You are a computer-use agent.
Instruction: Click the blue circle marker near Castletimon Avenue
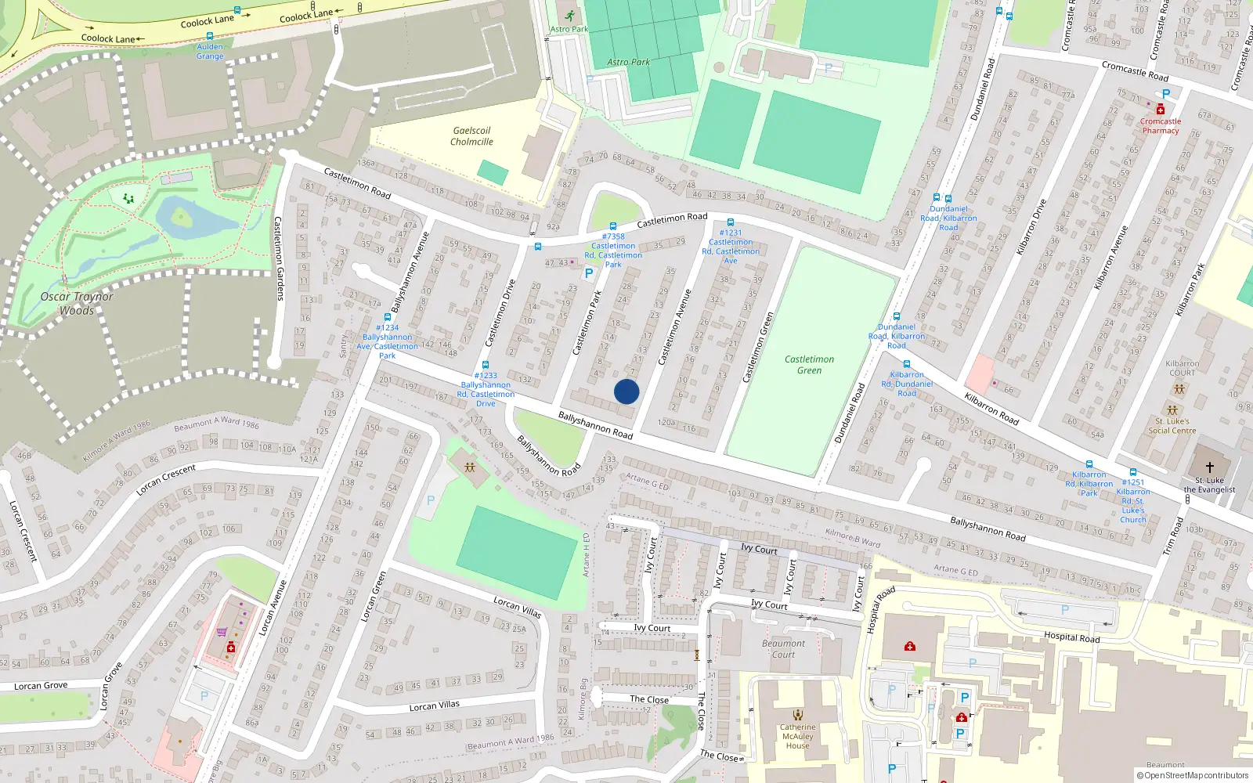tap(626, 391)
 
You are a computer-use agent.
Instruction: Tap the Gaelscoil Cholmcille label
tap(471, 136)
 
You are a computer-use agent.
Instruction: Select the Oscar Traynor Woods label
tap(77, 304)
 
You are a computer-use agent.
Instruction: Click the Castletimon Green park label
tap(809, 365)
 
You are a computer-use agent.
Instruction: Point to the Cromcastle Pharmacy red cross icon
tap(1160, 110)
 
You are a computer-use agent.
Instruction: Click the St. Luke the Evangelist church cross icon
tap(1209, 467)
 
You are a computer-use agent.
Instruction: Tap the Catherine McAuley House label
tap(797, 736)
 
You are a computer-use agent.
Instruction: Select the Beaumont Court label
tap(783, 649)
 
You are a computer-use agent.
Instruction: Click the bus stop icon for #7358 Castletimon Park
tap(612, 226)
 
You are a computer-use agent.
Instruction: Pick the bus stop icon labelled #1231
tap(730, 223)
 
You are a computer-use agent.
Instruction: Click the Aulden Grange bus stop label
tap(210, 52)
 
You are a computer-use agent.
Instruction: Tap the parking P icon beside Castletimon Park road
tap(589, 274)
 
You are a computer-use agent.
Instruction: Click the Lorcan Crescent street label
tap(166, 480)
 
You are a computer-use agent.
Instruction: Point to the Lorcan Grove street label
tap(41, 686)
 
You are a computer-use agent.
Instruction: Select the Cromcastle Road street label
tap(1135, 71)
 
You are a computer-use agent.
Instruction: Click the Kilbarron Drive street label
tap(1031, 227)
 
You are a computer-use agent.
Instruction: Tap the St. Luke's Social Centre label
tap(1172, 426)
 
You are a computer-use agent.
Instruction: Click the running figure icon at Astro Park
tap(569, 16)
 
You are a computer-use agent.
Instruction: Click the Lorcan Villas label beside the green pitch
tap(518, 607)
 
